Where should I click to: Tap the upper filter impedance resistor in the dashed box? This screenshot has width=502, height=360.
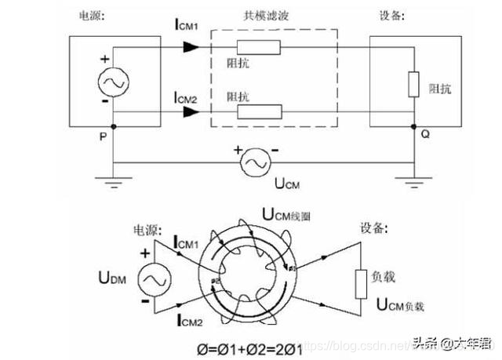click(258, 48)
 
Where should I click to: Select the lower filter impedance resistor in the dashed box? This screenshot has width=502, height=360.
click(258, 111)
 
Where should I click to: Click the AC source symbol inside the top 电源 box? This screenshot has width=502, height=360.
click(112, 83)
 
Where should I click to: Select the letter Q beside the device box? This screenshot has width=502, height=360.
click(424, 133)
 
